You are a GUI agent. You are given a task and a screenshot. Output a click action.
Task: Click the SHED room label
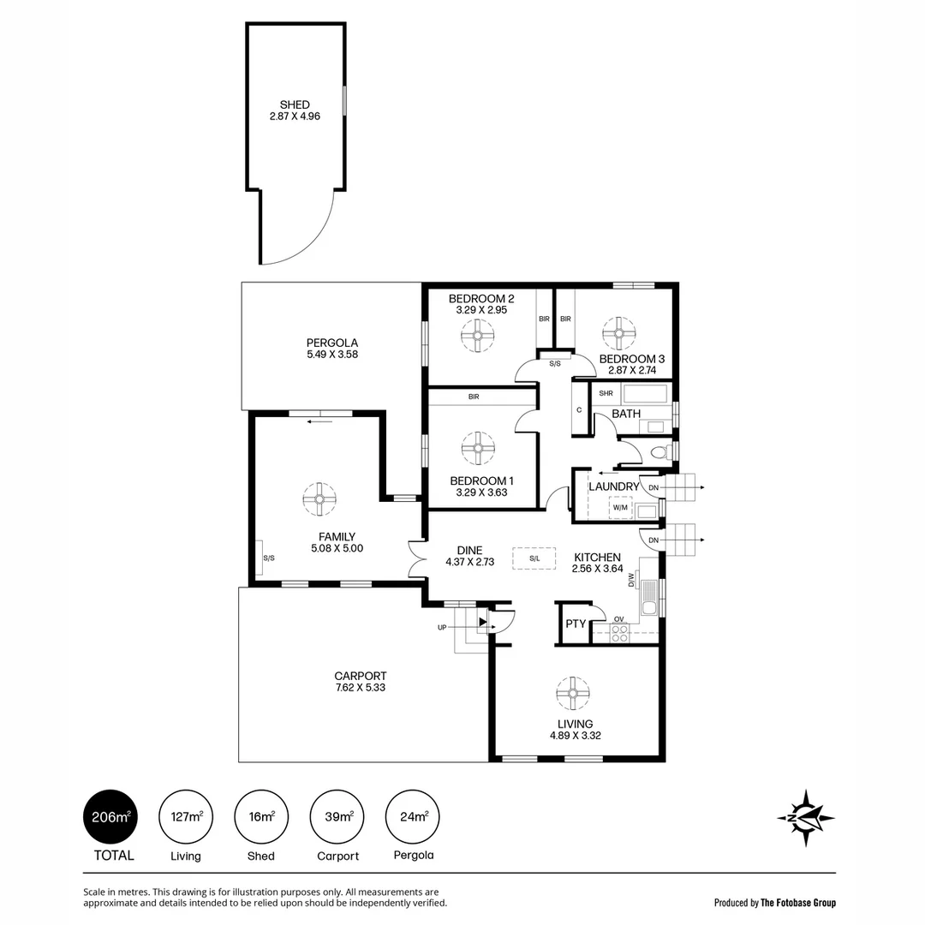294,104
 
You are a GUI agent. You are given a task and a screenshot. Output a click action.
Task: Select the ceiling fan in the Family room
319,499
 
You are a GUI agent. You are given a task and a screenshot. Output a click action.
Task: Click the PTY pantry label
576,624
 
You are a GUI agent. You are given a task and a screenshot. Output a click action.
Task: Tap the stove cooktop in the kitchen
619,633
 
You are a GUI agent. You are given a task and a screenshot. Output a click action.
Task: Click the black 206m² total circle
110,817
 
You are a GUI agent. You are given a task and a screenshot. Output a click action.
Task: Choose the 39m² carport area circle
337,817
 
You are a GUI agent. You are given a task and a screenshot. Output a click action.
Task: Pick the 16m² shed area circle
261,817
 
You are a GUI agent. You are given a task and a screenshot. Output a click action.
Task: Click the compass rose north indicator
805,817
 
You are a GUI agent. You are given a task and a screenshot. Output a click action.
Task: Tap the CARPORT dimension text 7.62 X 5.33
360,687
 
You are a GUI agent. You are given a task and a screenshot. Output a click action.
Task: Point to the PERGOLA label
307,342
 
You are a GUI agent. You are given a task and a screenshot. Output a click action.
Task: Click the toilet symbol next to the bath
659,451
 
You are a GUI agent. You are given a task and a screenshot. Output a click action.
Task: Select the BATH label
626,414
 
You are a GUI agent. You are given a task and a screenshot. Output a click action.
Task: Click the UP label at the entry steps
442,627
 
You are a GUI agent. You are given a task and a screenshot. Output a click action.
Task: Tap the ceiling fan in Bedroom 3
618,333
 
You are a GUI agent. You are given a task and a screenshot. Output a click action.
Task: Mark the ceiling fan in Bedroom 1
478,447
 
